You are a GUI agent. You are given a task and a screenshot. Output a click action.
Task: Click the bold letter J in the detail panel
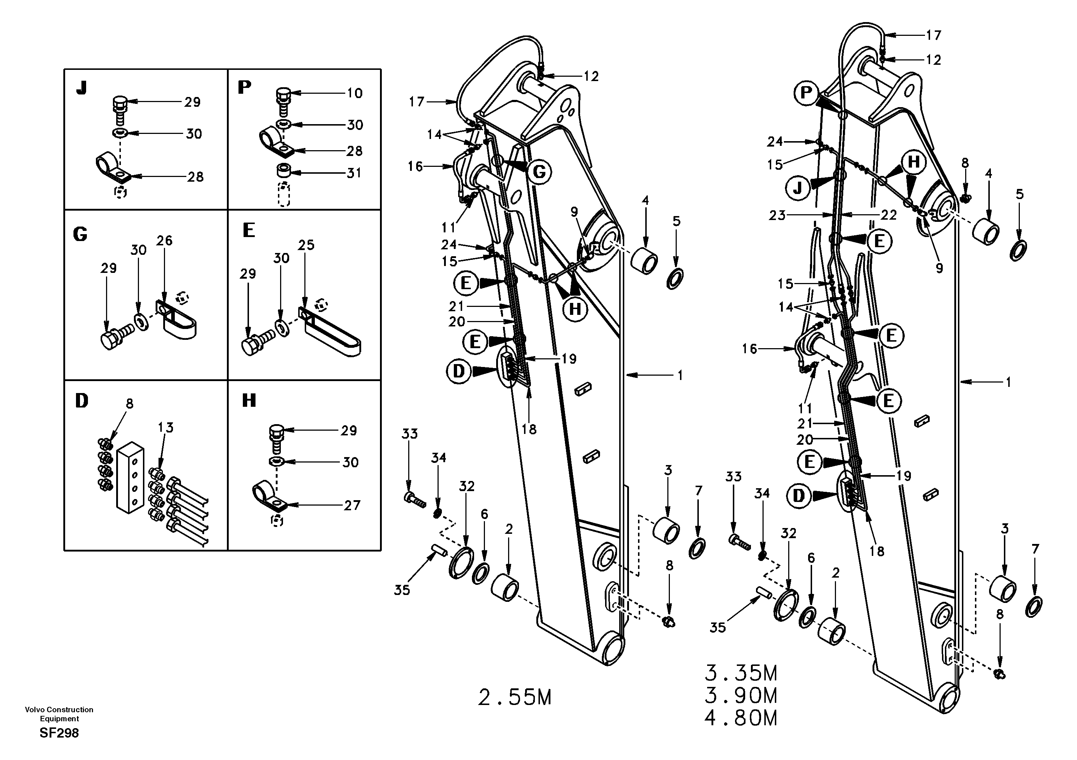click(82, 88)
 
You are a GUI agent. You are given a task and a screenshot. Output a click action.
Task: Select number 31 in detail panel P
click(354, 173)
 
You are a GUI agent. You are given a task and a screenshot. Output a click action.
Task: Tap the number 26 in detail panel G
click(164, 241)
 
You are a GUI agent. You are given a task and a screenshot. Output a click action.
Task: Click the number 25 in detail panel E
click(306, 245)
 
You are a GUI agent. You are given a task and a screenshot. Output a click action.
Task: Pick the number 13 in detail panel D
click(166, 427)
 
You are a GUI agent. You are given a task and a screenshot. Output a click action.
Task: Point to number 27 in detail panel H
click(352, 505)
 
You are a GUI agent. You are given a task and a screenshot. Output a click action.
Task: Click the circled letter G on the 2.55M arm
click(539, 172)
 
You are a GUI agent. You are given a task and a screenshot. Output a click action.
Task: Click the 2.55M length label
click(515, 698)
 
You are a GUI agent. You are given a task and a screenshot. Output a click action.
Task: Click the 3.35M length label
click(741, 673)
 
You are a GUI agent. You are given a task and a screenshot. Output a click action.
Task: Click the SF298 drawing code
click(59, 733)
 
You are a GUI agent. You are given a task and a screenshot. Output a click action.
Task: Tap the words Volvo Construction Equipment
click(59, 714)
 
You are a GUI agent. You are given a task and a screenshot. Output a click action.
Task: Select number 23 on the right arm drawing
click(777, 215)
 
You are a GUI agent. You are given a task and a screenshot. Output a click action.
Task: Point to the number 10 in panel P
click(355, 93)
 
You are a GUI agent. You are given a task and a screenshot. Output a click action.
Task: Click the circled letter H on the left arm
click(575, 309)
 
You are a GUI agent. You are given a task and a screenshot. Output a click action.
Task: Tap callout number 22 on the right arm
click(888, 215)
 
